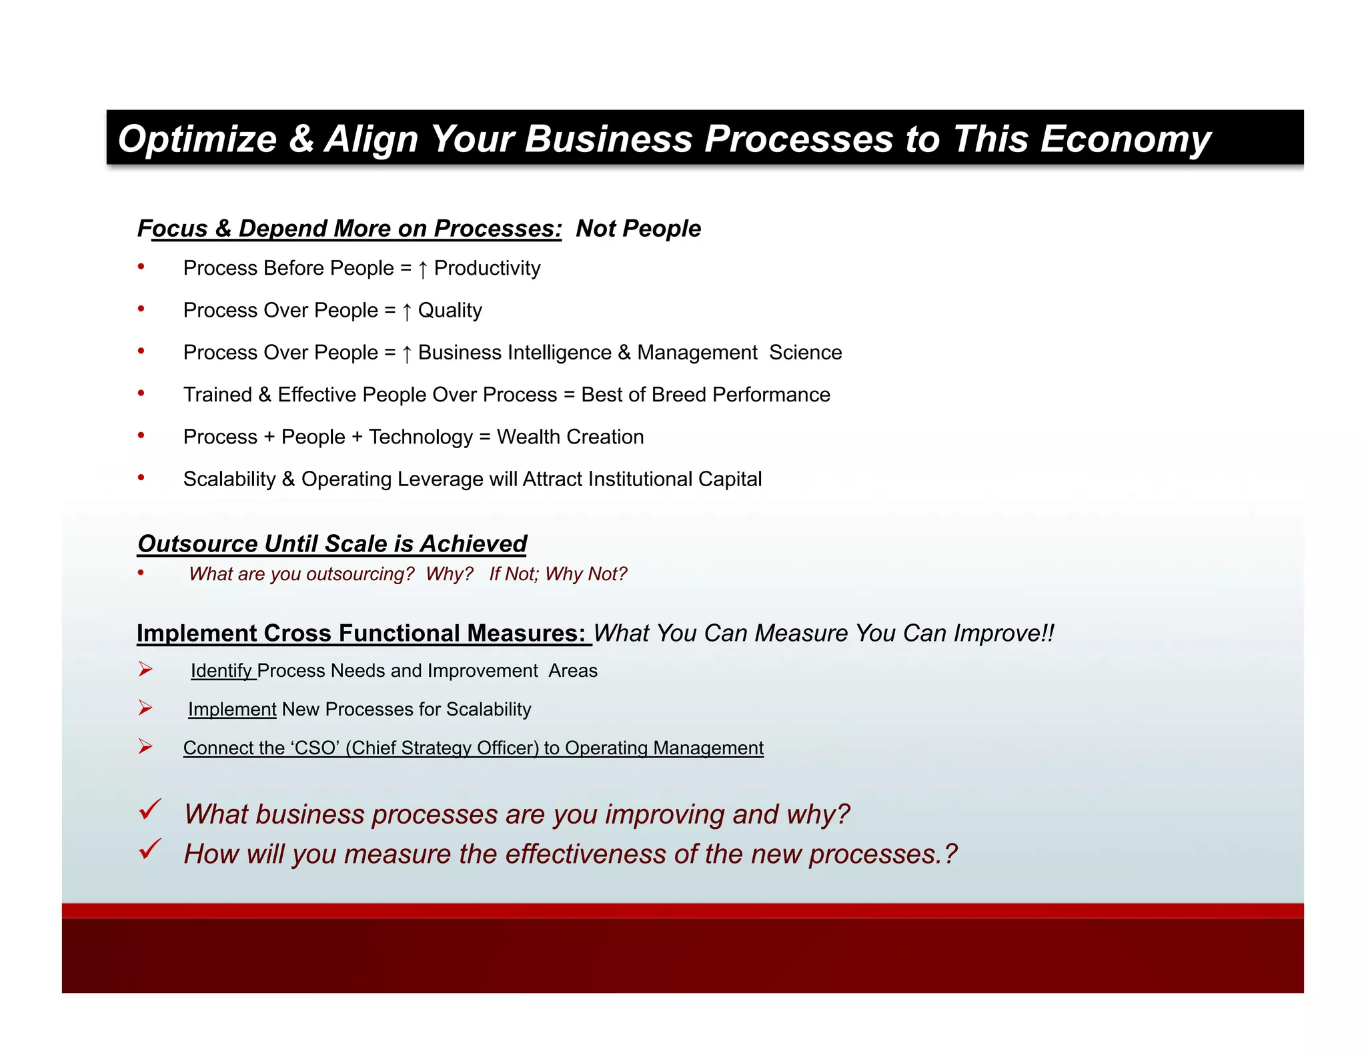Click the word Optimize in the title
pyautogui.click(x=197, y=139)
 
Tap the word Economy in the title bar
pyautogui.click(x=1125, y=139)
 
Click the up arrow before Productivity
pyautogui.click(x=422, y=269)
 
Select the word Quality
pyautogui.click(x=450, y=311)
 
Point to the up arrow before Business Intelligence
pyautogui.click(x=406, y=353)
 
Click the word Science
pyautogui.click(x=805, y=352)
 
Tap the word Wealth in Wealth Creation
pyautogui.click(x=528, y=437)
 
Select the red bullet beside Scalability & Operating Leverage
pyautogui.click(x=141, y=477)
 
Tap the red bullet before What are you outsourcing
pyautogui.click(x=141, y=572)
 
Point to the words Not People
pyautogui.click(x=638, y=228)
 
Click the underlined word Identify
pyautogui.click(x=221, y=671)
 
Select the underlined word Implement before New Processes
pyautogui.click(x=231, y=710)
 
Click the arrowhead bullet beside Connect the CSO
pyautogui.click(x=145, y=746)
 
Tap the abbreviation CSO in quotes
pyautogui.click(x=315, y=748)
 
